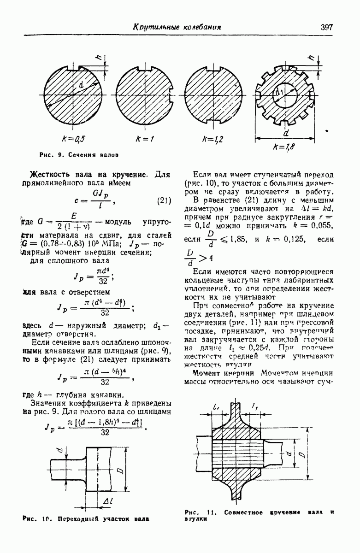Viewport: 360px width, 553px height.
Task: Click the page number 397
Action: point(326,27)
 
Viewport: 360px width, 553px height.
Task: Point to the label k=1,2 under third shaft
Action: point(213,138)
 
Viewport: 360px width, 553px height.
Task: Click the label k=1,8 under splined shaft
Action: point(284,147)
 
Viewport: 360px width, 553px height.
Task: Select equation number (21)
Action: point(164,200)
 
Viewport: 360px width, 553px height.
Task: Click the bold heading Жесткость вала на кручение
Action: point(88,175)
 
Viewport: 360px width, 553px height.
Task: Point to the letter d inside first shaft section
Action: point(81,85)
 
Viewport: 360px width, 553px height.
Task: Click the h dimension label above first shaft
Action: point(98,57)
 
